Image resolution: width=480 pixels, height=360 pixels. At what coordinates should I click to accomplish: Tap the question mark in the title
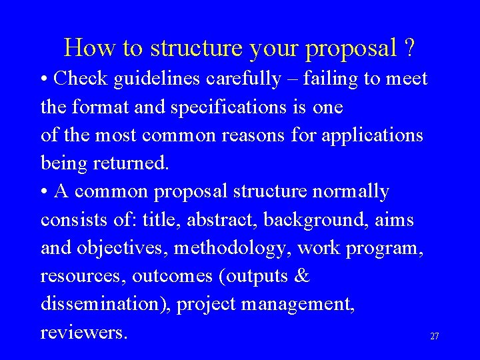click(x=409, y=47)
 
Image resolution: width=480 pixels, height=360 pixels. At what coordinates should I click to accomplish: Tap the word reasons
click(x=283, y=135)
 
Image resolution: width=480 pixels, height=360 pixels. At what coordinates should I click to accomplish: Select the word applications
click(x=373, y=135)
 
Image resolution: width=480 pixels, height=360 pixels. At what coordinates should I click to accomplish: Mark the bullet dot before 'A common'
click(x=44, y=192)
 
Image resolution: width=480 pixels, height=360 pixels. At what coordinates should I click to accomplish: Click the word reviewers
click(x=83, y=332)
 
